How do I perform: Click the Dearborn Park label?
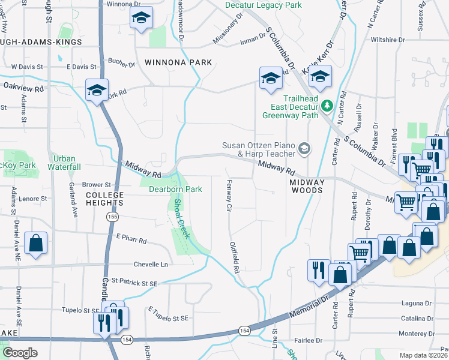pos(175,189)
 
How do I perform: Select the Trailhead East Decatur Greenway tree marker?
pos(327,106)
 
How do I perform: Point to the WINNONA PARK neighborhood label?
pos(170,62)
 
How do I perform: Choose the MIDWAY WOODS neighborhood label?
pos(307,185)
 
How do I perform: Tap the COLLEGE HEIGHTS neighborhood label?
pos(104,199)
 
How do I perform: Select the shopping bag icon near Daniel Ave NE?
pos(37,244)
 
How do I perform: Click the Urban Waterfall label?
pos(66,163)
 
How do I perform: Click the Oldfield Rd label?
pos(235,257)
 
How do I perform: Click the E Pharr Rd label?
pos(131,239)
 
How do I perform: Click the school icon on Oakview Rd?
pos(96,90)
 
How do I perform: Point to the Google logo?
pos(20,353)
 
